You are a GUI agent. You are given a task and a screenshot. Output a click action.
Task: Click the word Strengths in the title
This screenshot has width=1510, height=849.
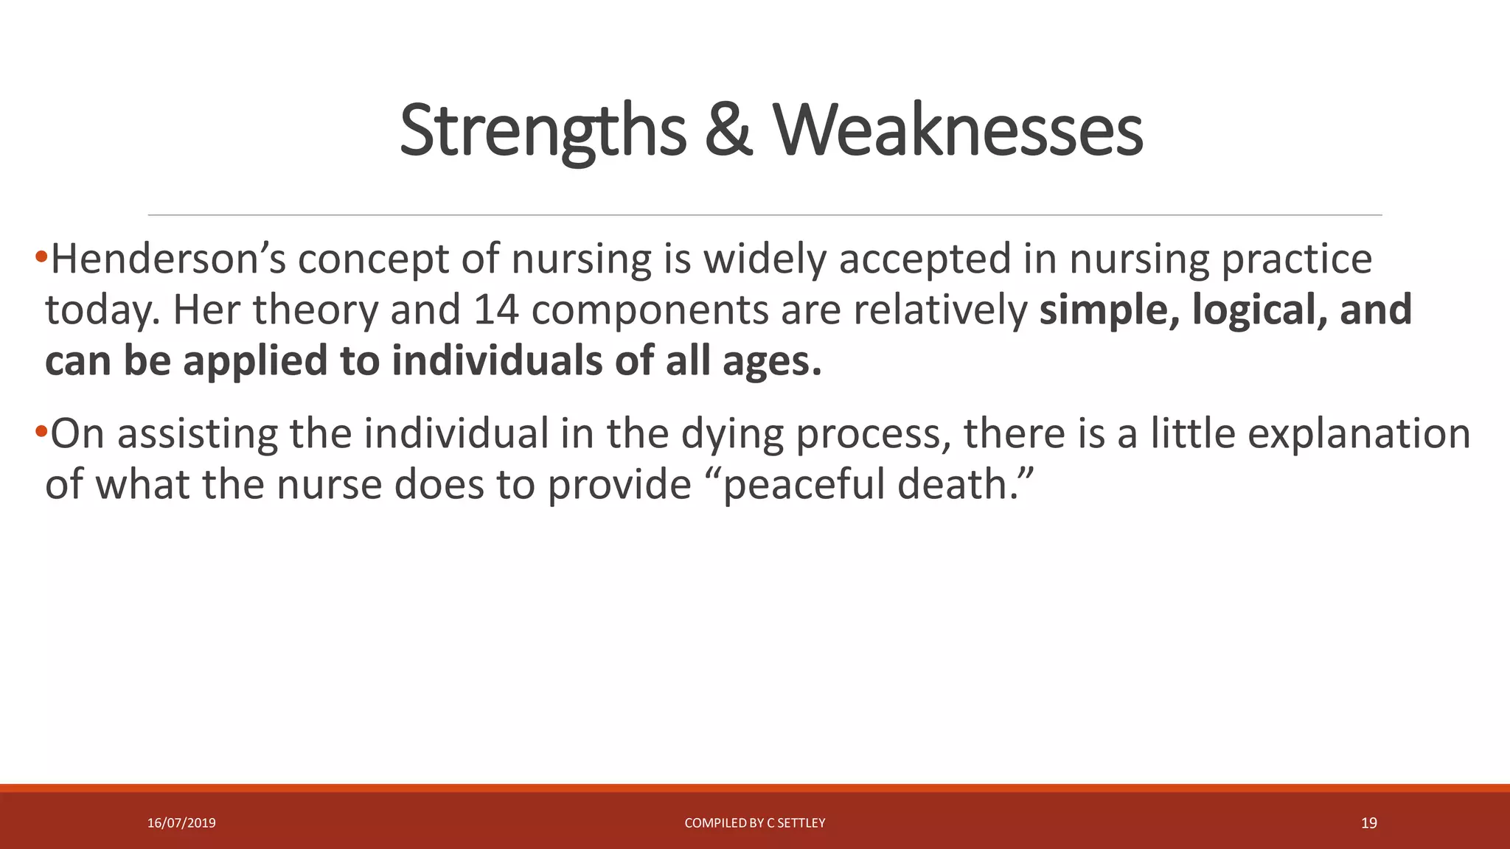543,131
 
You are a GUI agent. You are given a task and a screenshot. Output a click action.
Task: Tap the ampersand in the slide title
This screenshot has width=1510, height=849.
728,131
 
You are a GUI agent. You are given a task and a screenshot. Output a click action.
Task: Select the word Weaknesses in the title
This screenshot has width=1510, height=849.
958,131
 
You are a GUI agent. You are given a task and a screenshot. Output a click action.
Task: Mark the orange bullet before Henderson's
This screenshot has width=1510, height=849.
41,258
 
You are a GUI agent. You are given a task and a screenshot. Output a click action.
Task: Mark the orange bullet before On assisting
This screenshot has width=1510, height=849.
41,431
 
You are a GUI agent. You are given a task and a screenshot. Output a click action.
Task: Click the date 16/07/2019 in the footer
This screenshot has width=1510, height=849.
181,823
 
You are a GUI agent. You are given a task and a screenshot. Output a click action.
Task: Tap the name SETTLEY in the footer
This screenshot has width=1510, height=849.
801,823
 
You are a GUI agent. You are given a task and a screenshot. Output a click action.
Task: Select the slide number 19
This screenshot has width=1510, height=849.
1368,823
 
